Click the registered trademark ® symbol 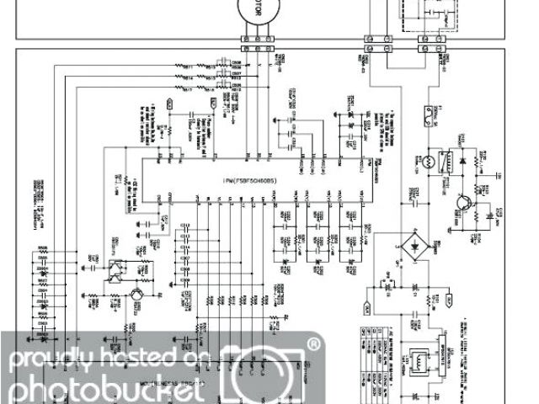pyautogui.click(x=313, y=344)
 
